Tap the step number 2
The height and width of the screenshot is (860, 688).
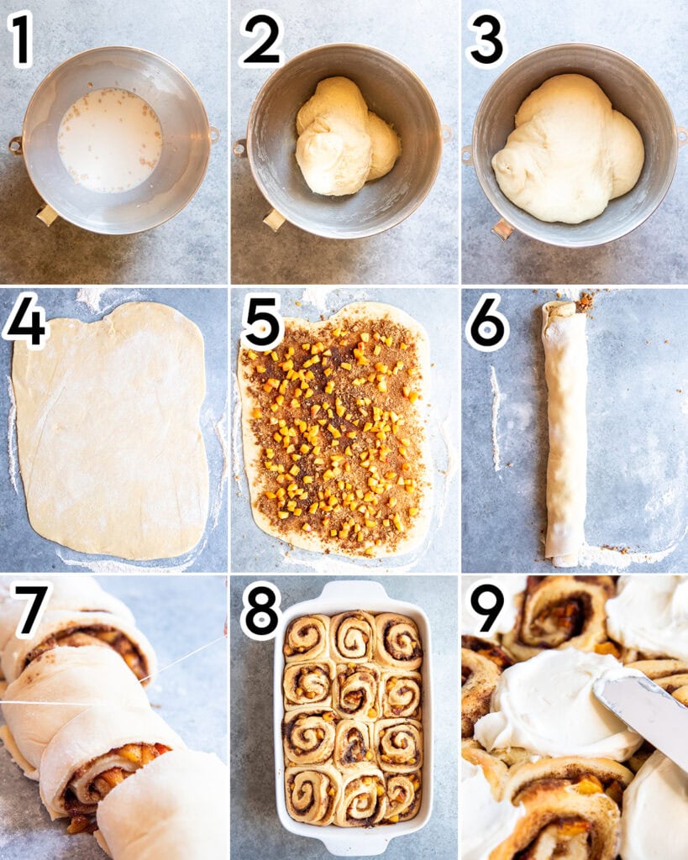pyautogui.click(x=261, y=39)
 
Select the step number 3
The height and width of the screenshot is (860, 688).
pyautogui.click(x=486, y=39)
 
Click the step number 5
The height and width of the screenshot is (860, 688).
pyautogui.click(x=262, y=322)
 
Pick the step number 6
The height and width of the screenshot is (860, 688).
pyautogui.click(x=487, y=322)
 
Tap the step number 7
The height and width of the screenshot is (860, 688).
pyautogui.click(x=31, y=609)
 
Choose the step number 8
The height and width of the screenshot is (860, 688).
pyautogui.click(x=261, y=611)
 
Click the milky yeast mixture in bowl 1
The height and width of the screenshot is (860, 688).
pyautogui.click(x=109, y=139)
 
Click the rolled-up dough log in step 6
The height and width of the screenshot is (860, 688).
pyautogui.click(x=565, y=433)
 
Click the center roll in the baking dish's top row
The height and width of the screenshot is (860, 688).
pyautogui.click(x=353, y=637)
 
